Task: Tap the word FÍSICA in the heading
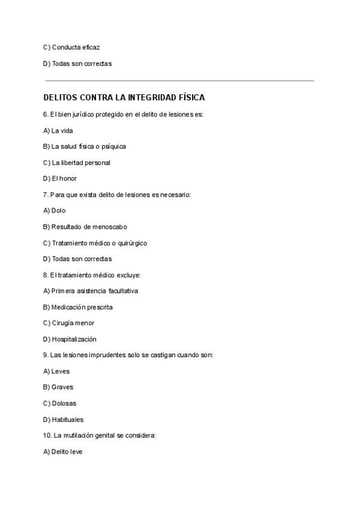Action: pos(190,97)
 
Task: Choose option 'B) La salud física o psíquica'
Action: pos(85,146)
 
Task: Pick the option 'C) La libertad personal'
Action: pos(77,163)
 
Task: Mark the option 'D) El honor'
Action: pos(60,178)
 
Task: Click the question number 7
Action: pos(46,194)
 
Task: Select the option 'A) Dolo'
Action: pos(55,211)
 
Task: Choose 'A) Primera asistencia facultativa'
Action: pos(91,291)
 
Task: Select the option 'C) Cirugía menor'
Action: pos(68,323)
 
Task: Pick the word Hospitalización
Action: pos(74,339)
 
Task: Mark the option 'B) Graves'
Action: pos(58,387)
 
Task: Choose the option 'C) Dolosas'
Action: pos(60,403)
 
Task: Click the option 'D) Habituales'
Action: pos(64,420)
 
